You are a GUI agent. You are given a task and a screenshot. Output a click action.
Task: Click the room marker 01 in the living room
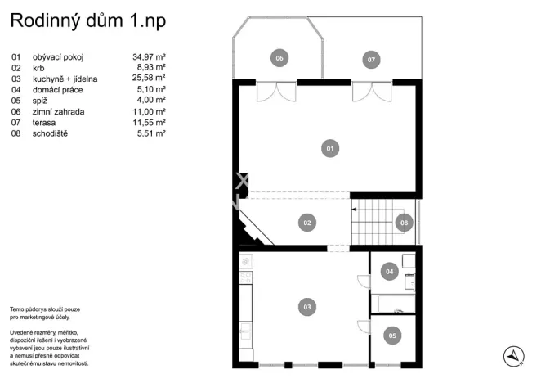click(330, 149)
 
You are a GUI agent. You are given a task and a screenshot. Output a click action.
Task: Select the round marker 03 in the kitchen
click(307, 307)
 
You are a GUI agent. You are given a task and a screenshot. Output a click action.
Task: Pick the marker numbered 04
click(390, 271)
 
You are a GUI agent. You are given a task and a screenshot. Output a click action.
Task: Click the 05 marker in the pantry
click(392, 335)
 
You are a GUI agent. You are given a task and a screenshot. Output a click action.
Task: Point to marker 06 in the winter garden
click(279, 58)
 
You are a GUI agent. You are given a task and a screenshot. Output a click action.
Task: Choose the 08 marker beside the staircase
click(403, 222)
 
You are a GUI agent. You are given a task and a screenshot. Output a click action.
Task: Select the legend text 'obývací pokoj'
click(58, 57)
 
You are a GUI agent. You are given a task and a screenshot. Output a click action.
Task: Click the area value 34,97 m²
click(149, 57)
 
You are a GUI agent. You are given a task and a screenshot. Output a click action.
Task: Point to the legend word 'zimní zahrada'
click(58, 111)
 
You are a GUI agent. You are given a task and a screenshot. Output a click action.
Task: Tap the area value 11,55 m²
click(149, 122)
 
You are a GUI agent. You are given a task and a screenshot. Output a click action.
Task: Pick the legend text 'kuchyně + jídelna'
click(65, 79)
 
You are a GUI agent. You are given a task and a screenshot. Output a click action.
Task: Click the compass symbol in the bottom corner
click(512, 355)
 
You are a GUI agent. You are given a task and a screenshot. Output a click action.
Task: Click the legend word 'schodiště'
click(51, 133)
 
